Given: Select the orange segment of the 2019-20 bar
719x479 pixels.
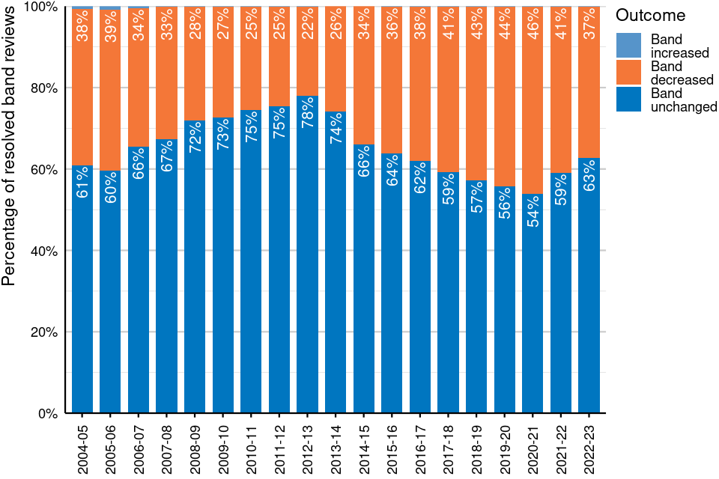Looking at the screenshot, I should tap(504, 97).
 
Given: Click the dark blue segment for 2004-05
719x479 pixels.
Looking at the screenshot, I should tap(82, 299).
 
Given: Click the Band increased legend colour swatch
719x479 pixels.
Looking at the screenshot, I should tap(629, 46).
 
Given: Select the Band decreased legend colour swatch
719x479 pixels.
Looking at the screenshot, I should tap(629, 73).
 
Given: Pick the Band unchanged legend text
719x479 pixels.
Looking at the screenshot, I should tap(684, 100).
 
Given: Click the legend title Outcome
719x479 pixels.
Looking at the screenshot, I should tap(649, 14).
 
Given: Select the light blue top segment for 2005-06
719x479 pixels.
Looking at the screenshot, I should tap(111, 8).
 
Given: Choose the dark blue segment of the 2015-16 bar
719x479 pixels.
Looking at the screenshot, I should tap(392, 299).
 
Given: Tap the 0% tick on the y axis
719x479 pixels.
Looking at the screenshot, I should tap(49, 413).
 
